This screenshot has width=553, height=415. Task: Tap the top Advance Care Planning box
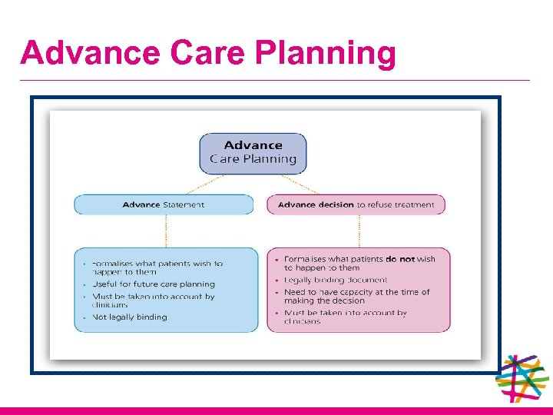(253, 152)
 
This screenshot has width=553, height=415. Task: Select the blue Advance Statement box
(164, 204)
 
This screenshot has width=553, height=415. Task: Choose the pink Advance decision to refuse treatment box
(356, 204)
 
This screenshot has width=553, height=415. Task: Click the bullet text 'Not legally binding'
(130, 317)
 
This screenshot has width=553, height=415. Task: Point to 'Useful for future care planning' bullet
(154, 284)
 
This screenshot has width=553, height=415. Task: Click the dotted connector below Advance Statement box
(164, 231)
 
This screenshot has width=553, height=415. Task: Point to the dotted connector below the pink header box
(358, 231)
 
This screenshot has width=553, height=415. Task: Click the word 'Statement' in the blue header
(184, 204)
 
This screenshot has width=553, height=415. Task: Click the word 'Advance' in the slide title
(91, 54)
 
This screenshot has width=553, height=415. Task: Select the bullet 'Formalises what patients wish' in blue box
(157, 264)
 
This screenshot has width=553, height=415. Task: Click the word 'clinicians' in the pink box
(303, 322)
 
